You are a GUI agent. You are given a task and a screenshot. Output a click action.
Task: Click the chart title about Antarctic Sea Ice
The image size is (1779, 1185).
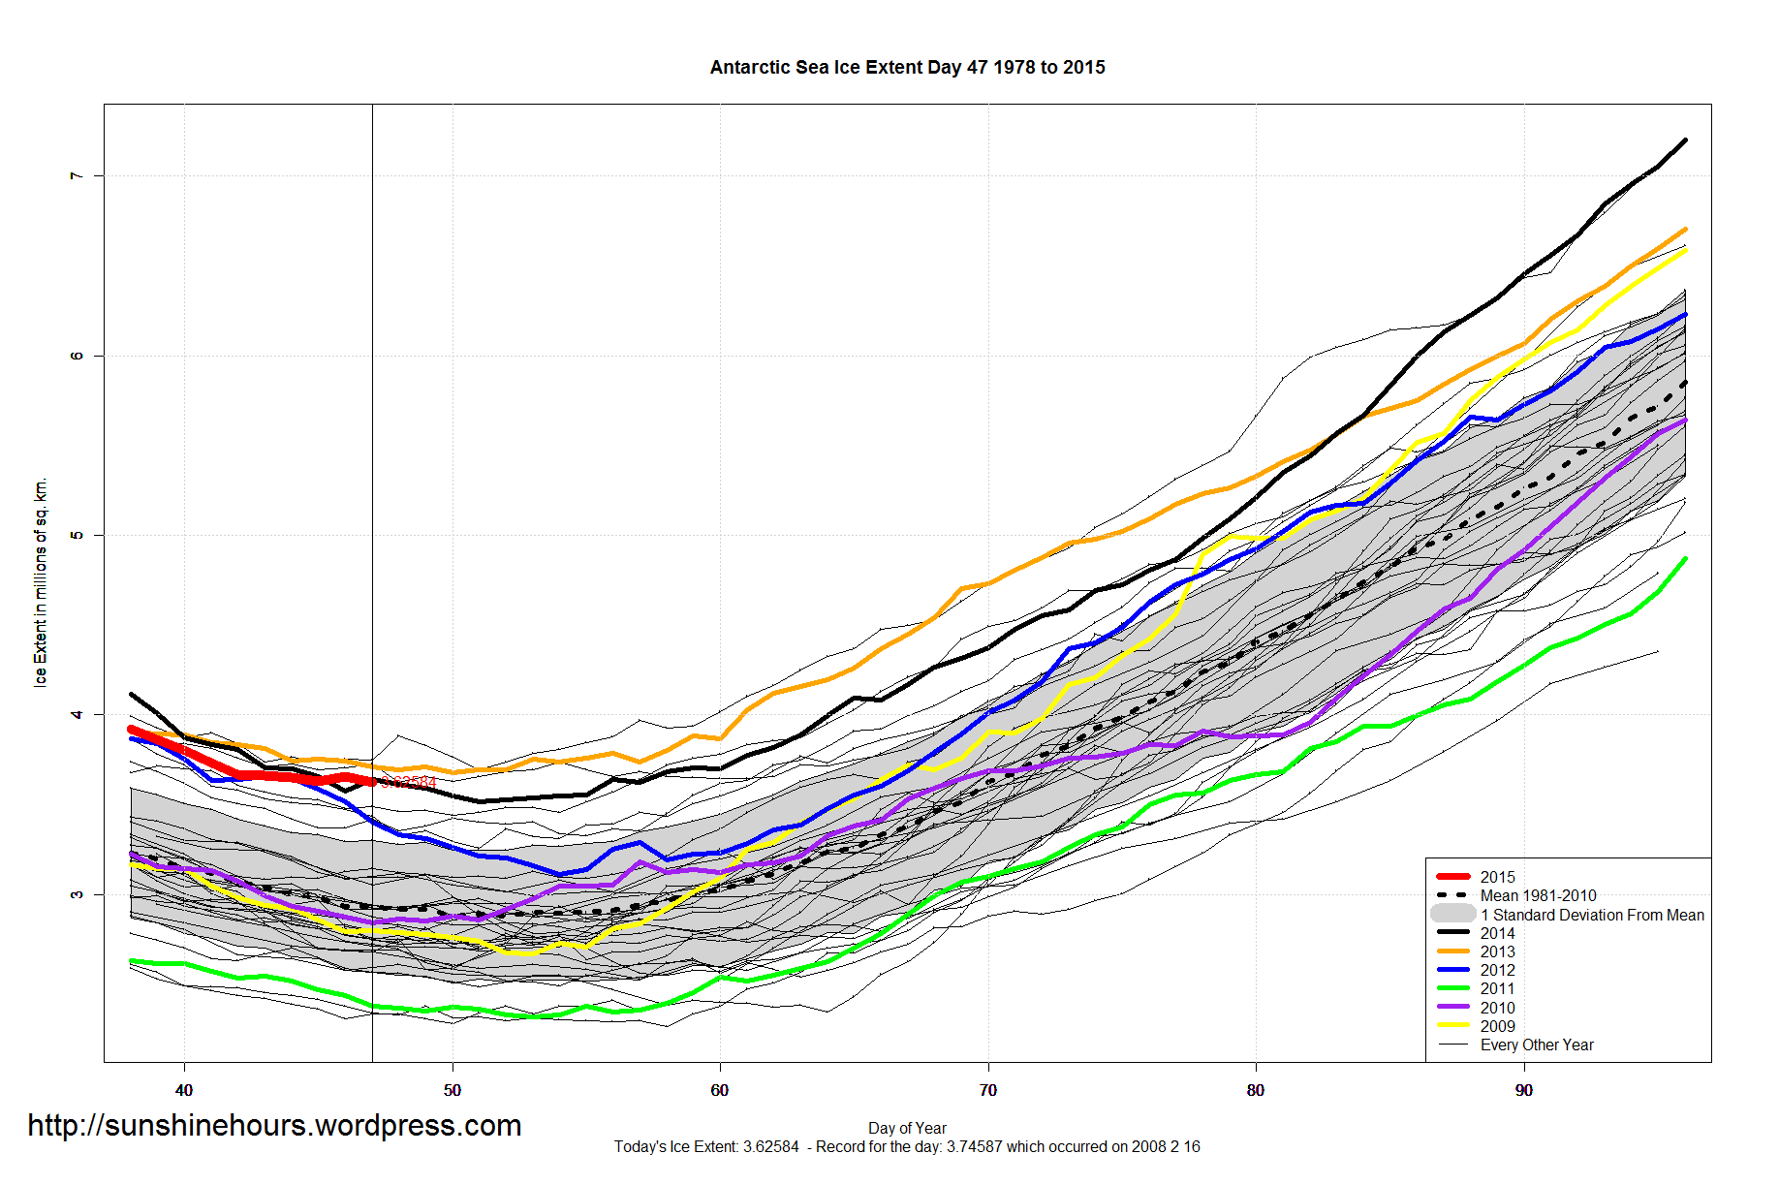[x=907, y=68]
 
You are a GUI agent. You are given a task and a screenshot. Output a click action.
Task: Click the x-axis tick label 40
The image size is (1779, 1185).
[x=184, y=1090]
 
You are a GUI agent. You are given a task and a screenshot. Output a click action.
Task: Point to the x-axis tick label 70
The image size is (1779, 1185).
[x=987, y=1090]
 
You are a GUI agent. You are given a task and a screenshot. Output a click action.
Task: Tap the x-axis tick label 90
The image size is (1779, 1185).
[x=1523, y=1090]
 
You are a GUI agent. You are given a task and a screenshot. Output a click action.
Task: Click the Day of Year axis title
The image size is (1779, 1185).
[x=907, y=1128]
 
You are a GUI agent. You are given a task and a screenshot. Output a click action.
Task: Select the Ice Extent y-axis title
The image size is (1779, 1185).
[x=41, y=582]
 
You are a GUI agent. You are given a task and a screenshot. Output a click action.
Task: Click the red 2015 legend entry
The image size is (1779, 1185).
[x=1497, y=877]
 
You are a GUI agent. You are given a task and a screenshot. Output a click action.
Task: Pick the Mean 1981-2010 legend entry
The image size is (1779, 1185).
[x=1538, y=896]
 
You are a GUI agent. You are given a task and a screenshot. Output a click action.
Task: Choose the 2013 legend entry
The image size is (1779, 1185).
[x=1497, y=951]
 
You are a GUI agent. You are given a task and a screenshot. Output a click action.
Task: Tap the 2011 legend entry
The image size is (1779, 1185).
[x=1497, y=988]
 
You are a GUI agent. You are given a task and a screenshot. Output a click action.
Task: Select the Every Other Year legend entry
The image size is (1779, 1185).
[x=1537, y=1045]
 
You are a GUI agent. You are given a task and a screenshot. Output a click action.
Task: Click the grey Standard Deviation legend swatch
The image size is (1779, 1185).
[x=1453, y=915]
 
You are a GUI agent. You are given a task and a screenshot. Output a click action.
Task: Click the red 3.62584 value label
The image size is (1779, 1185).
[x=408, y=782]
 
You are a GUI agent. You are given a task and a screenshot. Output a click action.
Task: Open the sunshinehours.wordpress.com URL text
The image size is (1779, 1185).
[x=274, y=1126]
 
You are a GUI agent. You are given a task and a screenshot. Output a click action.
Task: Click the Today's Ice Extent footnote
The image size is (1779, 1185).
[x=907, y=1147]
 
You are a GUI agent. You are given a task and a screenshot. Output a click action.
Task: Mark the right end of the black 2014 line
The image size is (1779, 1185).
[x=1686, y=140]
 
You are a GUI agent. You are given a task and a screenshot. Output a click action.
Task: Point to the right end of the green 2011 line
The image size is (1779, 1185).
[x=1686, y=558]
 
